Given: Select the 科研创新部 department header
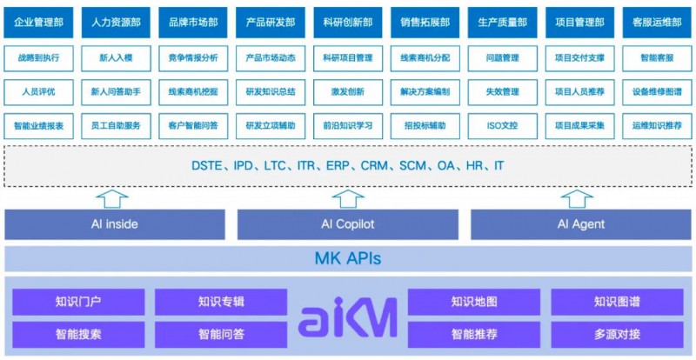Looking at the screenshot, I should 347,21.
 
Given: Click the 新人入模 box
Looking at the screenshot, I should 117,58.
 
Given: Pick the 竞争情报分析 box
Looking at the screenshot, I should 193,58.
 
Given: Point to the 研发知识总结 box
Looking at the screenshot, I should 271,91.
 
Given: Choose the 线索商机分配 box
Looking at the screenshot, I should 425,58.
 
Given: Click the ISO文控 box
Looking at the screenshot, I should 501,125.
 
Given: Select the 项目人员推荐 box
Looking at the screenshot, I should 579,91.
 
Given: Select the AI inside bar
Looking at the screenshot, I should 115,224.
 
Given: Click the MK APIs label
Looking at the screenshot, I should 347,258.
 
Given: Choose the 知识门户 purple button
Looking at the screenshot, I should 78,303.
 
